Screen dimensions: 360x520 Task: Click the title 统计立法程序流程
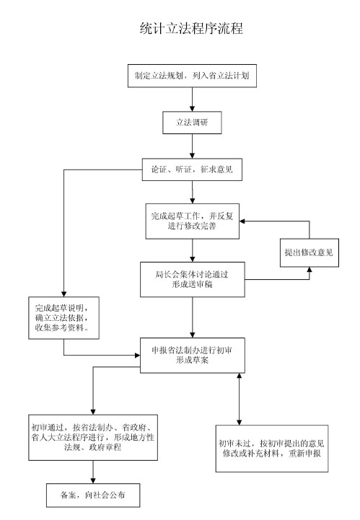(x=191, y=28)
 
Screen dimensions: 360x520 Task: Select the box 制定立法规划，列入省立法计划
(x=192, y=76)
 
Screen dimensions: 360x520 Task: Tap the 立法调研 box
(x=192, y=123)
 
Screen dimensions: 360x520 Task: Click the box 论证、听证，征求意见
(x=192, y=169)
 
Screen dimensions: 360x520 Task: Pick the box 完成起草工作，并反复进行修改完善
(x=193, y=221)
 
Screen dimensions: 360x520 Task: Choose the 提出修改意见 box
(x=309, y=252)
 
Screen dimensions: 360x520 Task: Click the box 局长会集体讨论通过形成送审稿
(x=193, y=279)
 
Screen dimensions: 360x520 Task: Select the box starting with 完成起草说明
(x=63, y=318)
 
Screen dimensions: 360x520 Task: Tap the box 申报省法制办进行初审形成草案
(x=193, y=356)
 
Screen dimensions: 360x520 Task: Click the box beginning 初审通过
(x=93, y=438)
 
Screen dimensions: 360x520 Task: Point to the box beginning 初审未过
(x=272, y=449)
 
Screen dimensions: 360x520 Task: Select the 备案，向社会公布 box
(x=93, y=495)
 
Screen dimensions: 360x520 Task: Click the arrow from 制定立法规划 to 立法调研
(x=192, y=100)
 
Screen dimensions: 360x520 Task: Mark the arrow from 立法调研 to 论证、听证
(x=192, y=146)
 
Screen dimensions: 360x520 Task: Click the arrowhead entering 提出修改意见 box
(x=309, y=270)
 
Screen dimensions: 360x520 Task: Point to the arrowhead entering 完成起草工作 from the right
(x=242, y=221)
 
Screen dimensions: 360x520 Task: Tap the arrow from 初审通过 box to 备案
(x=93, y=472)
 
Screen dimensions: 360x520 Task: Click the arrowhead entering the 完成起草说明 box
(x=63, y=294)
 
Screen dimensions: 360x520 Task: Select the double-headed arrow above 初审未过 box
(x=240, y=399)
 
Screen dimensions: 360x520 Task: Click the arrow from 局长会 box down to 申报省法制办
(x=193, y=317)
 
